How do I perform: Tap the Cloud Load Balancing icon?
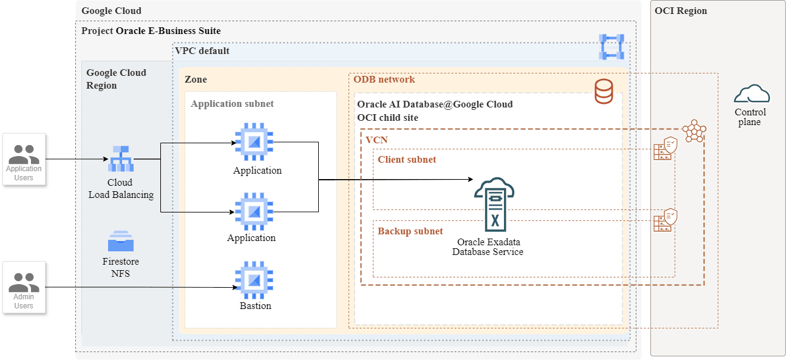click(120, 159)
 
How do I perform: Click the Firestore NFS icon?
click(120, 242)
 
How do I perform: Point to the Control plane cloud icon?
click(751, 95)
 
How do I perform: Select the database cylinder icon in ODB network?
click(604, 90)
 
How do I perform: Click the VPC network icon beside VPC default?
click(611, 47)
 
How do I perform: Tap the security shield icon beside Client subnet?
click(666, 148)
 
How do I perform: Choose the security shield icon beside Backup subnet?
click(666, 220)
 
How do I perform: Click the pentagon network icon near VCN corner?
click(694, 131)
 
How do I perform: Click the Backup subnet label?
click(410, 231)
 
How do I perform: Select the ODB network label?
click(384, 80)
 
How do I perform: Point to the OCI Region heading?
click(680, 11)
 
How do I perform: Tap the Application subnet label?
click(232, 104)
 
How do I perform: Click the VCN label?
click(376, 140)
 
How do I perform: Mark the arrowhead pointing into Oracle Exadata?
click(470, 180)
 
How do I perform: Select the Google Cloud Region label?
click(116, 79)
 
